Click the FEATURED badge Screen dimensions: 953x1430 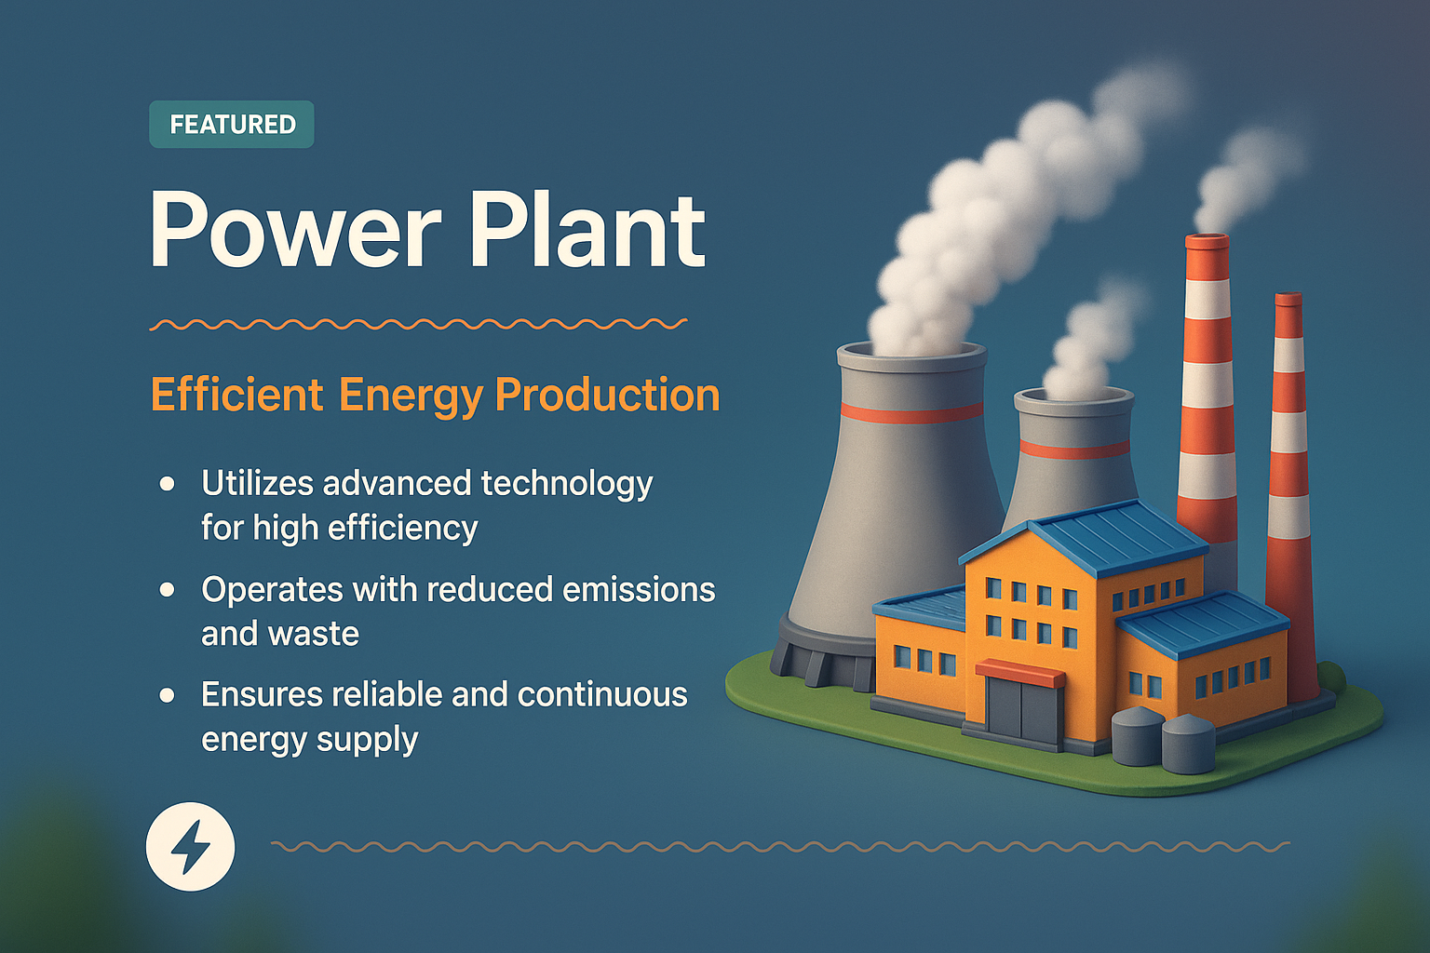click(x=232, y=125)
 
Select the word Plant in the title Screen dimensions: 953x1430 click(x=587, y=229)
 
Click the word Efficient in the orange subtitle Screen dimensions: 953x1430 click(x=236, y=395)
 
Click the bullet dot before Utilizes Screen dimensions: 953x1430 click(x=168, y=484)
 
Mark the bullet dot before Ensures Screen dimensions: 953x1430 click(x=168, y=695)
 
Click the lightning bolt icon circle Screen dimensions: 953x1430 click(x=191, y=847)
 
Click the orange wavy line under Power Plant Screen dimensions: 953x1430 click(x=419, y=325)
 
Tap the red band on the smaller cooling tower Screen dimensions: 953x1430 click(x=1074, y=449)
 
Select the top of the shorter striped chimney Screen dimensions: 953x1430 click(x=1288, y=300)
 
